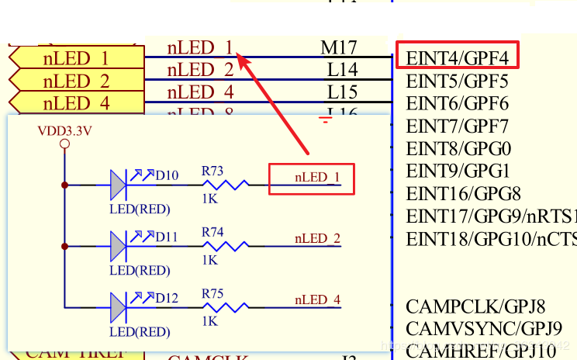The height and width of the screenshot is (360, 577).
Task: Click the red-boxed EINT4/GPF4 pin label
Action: tap(457, 57)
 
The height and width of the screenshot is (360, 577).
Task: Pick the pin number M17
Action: tap(339, 48)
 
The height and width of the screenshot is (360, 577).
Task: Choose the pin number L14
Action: tap(342, 70)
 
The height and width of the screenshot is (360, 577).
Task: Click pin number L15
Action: tap(342, 92)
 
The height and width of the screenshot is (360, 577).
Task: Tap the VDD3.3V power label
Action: tap(64, 130)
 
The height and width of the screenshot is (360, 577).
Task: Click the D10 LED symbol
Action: tap(117, 185)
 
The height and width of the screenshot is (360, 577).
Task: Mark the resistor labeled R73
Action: tap(226, 185)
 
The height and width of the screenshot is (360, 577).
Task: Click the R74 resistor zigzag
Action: tap(226, 246)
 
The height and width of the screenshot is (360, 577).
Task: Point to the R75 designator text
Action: tap(212, 293)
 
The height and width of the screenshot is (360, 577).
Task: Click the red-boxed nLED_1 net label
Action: tap(317, 178)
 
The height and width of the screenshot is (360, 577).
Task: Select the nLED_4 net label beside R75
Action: tap(317, 299)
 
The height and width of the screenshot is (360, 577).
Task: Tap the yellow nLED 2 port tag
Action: tap(76, 81)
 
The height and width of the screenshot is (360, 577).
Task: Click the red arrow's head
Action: tap(241, 56)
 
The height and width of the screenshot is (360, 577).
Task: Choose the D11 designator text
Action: tap(167, 236)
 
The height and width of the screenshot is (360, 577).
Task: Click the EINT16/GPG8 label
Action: tap(463, 193)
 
